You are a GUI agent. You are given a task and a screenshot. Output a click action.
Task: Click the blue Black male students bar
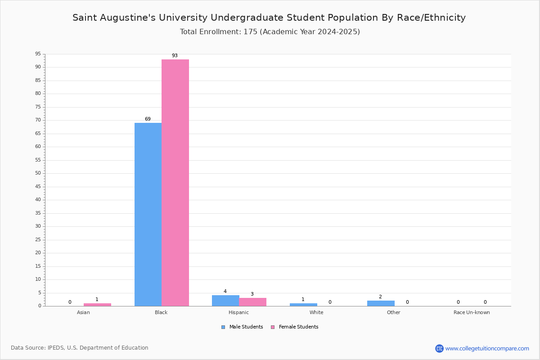click(148, 214)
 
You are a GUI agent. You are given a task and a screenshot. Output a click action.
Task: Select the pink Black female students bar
click(175, 183)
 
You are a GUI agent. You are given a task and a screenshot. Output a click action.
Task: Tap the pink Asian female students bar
click(97, 305)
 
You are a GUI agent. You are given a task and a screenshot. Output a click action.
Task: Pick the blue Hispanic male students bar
click(225, 301)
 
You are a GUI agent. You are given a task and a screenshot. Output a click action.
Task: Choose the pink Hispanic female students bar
click(253, 302)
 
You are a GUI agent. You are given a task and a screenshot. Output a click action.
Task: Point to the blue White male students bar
click(303, 305)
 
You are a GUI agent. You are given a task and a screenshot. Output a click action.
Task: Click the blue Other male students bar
click(381, 303)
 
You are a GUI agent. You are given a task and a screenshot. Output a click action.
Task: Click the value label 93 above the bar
click(175, 55)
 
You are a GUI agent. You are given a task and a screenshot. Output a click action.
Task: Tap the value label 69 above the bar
click(148, 119)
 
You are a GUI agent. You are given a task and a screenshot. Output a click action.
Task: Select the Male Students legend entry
click(242, 327)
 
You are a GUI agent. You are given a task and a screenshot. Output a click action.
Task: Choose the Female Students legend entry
click(295, 327)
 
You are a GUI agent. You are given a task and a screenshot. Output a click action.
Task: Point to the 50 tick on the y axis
click(38, 173)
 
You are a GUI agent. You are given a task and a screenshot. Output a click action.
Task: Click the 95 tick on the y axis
click(38, 54)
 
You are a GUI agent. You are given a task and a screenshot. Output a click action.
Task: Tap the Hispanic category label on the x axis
click(238, 312)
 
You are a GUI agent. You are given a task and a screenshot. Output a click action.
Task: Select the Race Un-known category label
click(472, 312)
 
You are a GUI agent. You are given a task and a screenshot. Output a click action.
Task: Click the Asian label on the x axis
click(83, 312)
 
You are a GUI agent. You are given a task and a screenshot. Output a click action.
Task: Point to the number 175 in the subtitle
click(251, 31)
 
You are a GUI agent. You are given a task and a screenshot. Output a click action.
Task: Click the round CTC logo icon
click(439, 348)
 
